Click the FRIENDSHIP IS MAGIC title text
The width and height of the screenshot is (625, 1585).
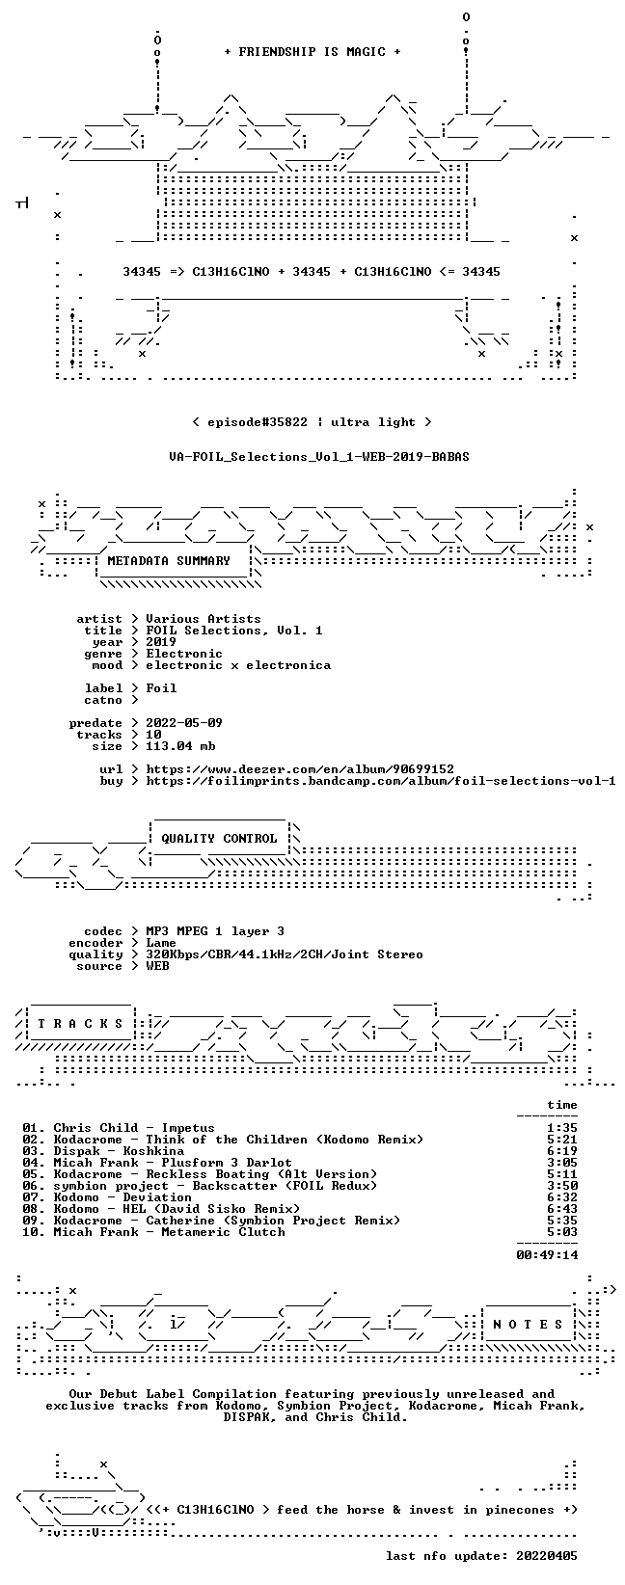[312, 52]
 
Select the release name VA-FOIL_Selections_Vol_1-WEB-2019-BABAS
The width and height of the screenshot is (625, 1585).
[318, 457]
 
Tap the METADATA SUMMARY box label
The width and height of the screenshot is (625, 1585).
[169, 561]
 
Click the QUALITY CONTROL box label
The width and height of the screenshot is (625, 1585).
[219, 839]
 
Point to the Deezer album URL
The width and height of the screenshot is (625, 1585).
[300, 769]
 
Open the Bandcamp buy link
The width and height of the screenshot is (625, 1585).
[381, 781]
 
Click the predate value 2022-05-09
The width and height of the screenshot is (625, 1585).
[184, 723]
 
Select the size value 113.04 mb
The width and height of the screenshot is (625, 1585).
[180, 746]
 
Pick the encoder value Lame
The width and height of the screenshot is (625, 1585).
[161, 943]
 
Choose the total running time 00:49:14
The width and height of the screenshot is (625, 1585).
[547, 1255]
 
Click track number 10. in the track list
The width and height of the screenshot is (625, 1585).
[34, 1233]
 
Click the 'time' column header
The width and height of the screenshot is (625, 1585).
[562, 1105]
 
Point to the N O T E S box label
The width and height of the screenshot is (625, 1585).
[528, 1325]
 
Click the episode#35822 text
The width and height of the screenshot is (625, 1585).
[258, 422]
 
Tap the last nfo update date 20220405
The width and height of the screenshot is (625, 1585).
[547, 1556]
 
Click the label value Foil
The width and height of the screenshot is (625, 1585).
[161, 688]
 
